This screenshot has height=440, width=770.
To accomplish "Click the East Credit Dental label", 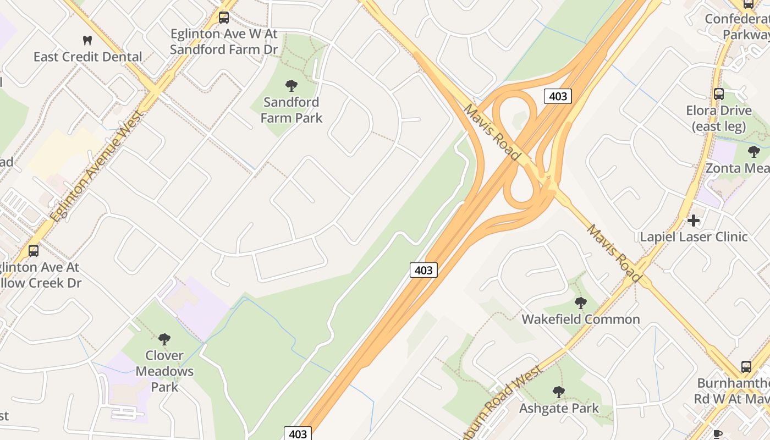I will (x=87, y=57).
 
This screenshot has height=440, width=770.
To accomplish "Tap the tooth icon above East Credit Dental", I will (x=87, y=40).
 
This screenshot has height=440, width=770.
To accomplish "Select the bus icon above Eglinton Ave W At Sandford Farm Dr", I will (x=223, y=17).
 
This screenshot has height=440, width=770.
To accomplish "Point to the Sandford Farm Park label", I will (x=291, y=109).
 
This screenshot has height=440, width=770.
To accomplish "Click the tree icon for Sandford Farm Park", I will (x=291, y=85).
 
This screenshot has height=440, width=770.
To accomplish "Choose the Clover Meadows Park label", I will (x=164, y=371).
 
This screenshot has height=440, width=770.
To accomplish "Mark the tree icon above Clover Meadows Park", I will (x=164, y=339).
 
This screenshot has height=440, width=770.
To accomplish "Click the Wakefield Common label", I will (x=581, y=319).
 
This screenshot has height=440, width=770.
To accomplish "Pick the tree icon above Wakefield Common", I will (x=580, y=302).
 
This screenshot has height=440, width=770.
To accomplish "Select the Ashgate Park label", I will (x=559, y=408).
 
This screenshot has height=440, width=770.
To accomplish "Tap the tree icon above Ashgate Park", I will (x=559, y=392).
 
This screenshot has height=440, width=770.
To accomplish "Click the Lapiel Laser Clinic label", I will (x=694, y=237).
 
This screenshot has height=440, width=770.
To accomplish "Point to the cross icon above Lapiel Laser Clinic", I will (x=694, y=221).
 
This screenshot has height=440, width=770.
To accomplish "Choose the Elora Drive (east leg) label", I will (x=718, y=118).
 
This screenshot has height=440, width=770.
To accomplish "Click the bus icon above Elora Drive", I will (x=718, y=94).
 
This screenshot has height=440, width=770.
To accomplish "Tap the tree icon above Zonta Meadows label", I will (x=754, y=151).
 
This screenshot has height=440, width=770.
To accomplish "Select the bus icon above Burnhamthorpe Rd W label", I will (x=746, y=366).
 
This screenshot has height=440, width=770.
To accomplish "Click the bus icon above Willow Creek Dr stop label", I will (x=34, y=251).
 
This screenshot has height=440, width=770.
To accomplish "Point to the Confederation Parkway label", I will (x=737, y=26).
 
